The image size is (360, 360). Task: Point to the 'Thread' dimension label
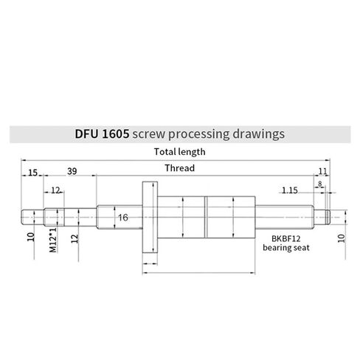179,168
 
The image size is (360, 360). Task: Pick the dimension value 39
72,172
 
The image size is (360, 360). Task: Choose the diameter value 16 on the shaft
123,218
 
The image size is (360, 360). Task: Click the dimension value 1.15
290,190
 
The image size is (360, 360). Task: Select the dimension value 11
322,172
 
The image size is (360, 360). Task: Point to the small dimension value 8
319,183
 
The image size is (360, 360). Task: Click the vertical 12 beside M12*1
75,237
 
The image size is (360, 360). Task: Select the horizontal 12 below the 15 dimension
56,190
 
